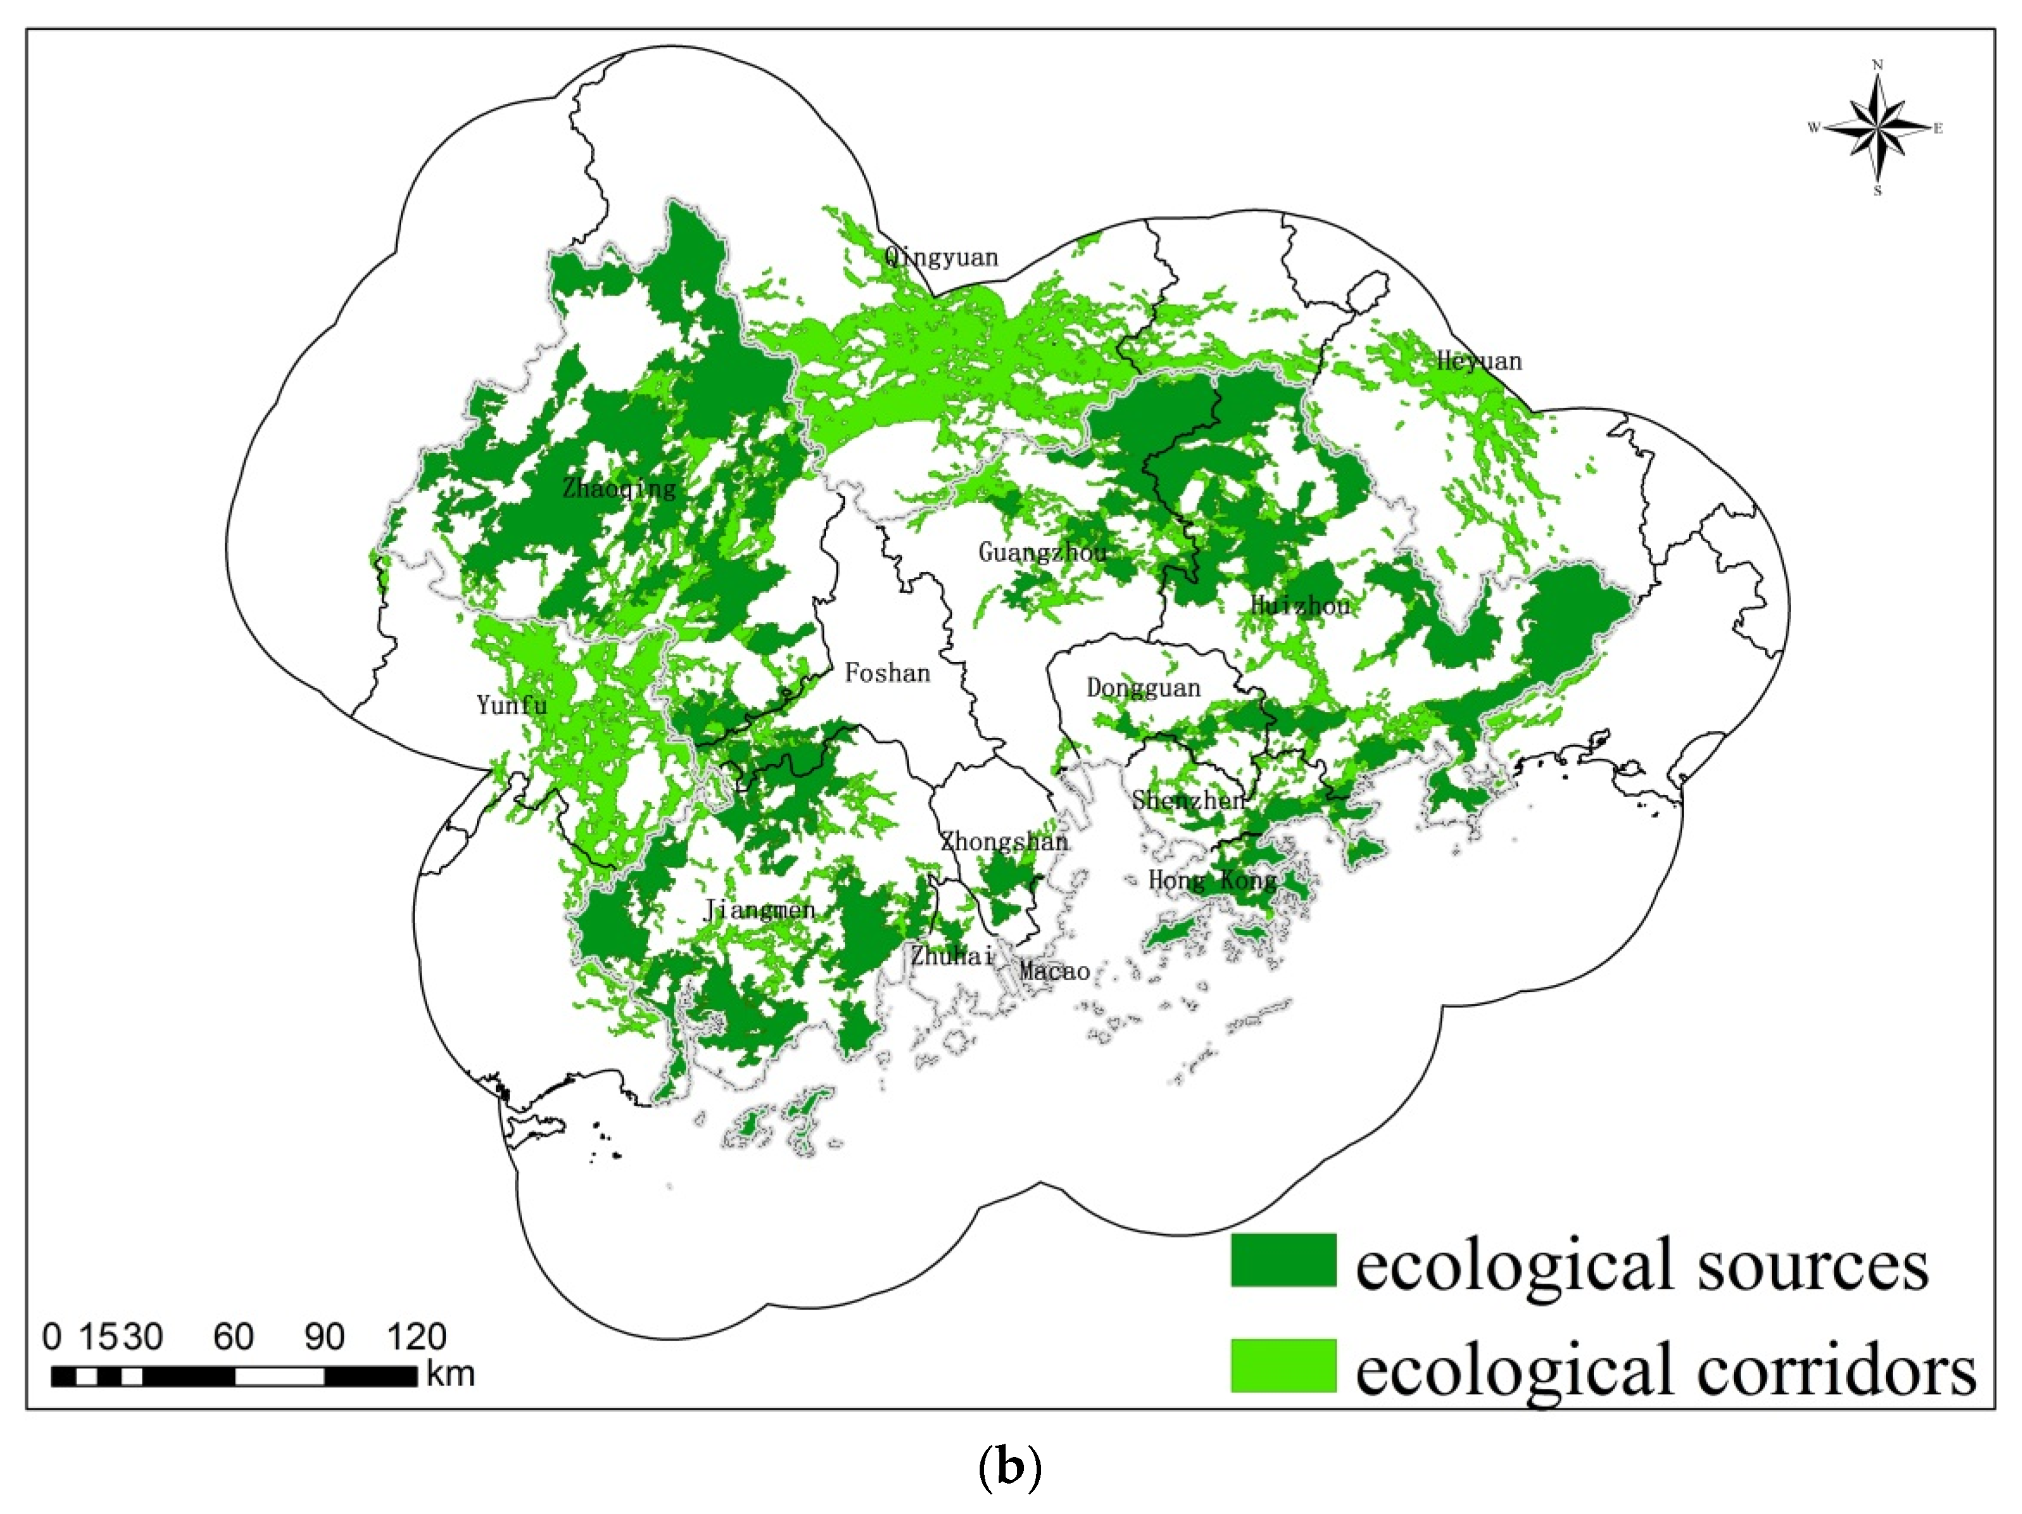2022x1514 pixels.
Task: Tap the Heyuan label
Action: pos(1479,361)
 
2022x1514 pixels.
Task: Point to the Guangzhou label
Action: pos(1042,552)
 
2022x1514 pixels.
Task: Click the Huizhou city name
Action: pos(1300,605)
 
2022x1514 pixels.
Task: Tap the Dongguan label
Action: pos(1142,687)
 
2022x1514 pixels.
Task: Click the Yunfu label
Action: pos(512,704)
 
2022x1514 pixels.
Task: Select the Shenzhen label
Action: pos(1189,800)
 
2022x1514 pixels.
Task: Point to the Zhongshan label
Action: pos(1004,841)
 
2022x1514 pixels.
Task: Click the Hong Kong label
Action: pos(1212,880)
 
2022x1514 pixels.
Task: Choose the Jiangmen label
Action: pos(759,910)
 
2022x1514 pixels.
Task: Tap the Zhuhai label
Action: pos(952,955)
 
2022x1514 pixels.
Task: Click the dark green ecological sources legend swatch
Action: pos(1282,1260)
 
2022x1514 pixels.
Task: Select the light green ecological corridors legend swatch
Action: pos(1282,1365)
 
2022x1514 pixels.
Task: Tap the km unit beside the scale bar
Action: pos(451,1374)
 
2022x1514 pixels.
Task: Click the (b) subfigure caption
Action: pos(1009,1468)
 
